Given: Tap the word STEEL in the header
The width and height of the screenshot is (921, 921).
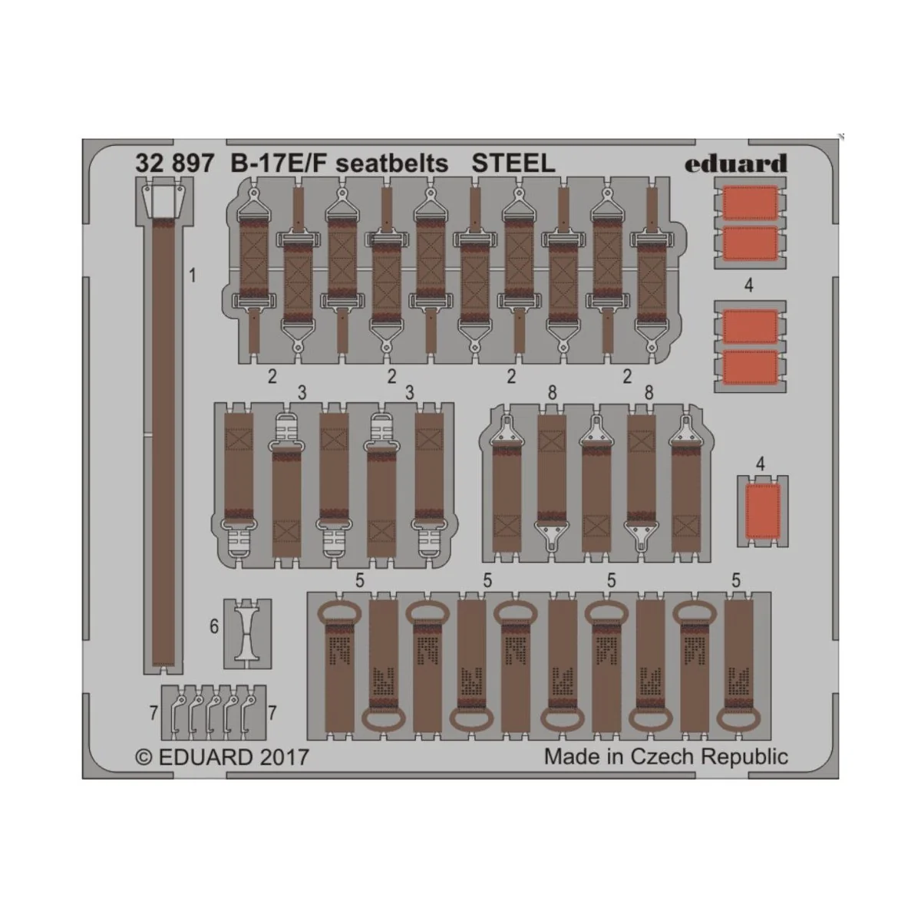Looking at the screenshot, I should (x=513, y=163).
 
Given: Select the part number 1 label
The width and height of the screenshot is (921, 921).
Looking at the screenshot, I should (x=193, y=275).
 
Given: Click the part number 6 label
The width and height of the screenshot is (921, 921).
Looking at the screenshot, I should (x=214, y=627).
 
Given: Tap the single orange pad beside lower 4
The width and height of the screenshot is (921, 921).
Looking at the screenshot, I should (x=763, y=511).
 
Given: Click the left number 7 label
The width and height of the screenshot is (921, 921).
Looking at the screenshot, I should (x=153, y=714).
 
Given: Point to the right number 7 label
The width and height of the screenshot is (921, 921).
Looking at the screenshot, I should (x=272, y=714).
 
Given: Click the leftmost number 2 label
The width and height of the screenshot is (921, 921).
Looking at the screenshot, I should (x=272, y=376).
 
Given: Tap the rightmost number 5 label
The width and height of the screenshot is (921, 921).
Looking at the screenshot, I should (x=736, y=581).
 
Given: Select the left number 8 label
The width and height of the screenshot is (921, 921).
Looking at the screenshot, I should (x=552, y=393).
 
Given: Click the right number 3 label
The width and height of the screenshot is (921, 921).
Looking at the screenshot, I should (x=410, y=393).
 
